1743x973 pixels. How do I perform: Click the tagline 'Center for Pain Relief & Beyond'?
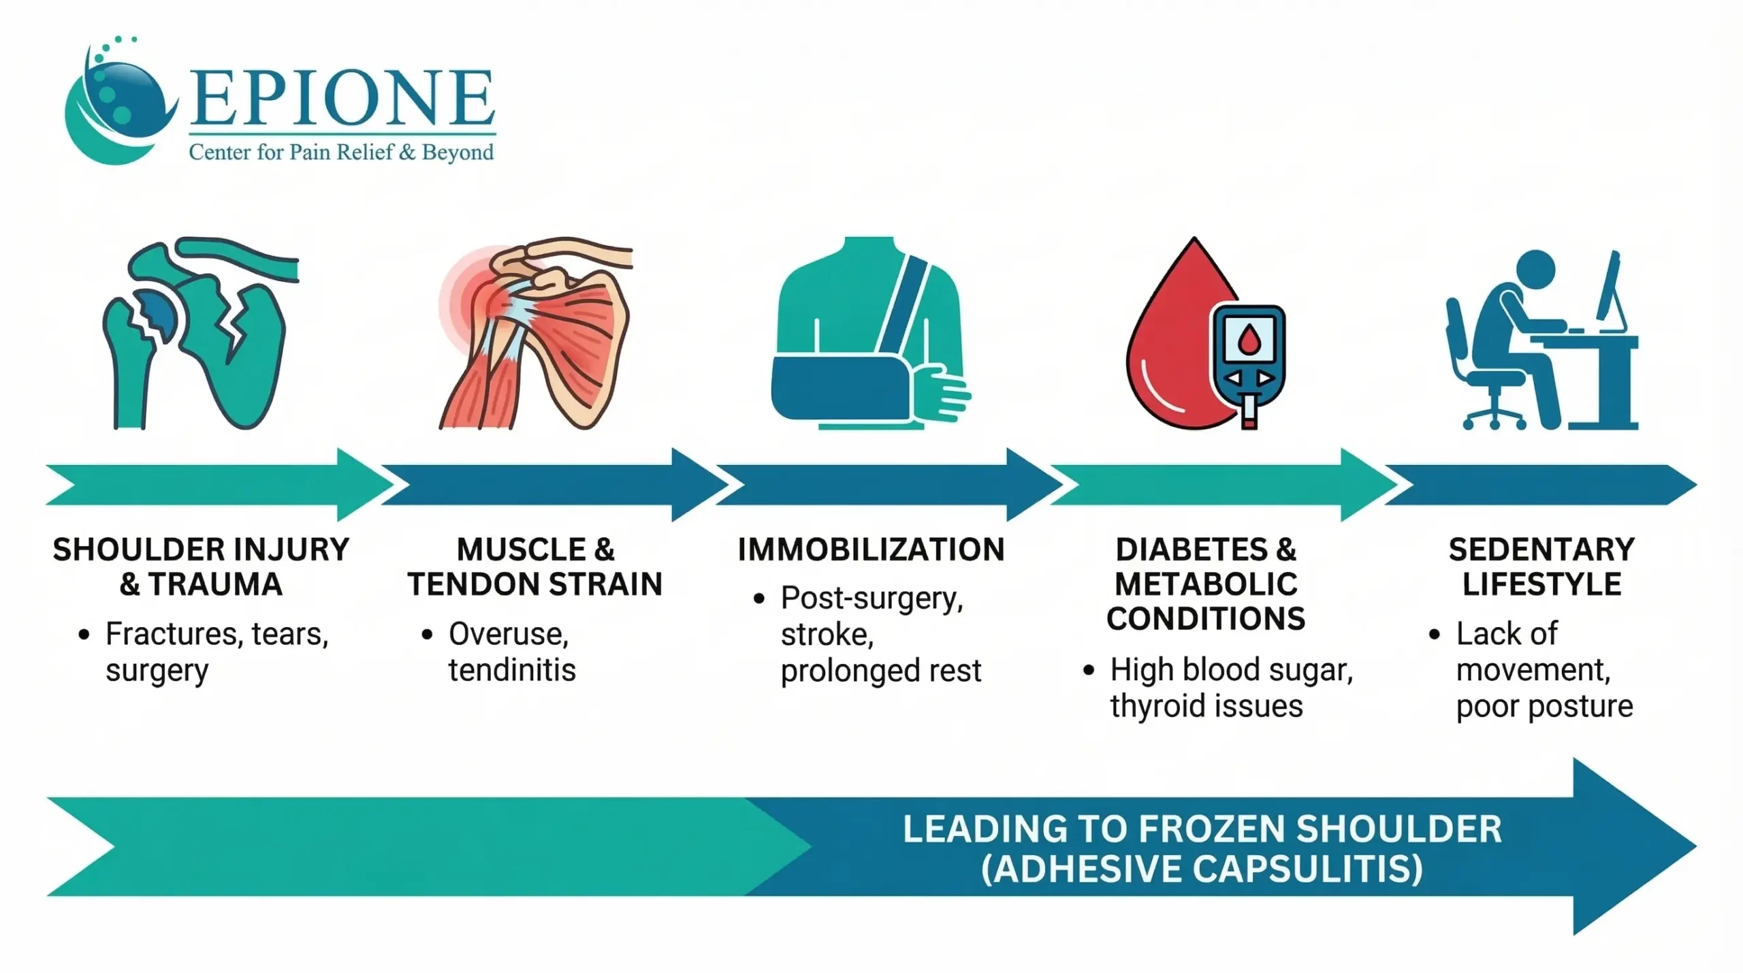click(x=341, y=152)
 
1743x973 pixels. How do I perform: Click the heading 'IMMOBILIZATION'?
click(x=871, y=549)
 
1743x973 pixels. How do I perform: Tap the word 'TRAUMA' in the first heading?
click(x=214, y=584)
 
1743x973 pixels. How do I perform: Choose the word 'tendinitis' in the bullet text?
click(x=512, y=670)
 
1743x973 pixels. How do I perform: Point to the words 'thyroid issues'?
click(x=1206, y=706)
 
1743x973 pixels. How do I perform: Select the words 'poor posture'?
click(x=1544, y=707)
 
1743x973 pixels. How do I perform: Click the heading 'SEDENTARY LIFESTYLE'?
click(x=1541, y=567)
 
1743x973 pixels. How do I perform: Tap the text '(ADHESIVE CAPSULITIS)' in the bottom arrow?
click(x=1202, y=869)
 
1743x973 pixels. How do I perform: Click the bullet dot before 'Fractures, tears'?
click(x=84, y=635)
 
